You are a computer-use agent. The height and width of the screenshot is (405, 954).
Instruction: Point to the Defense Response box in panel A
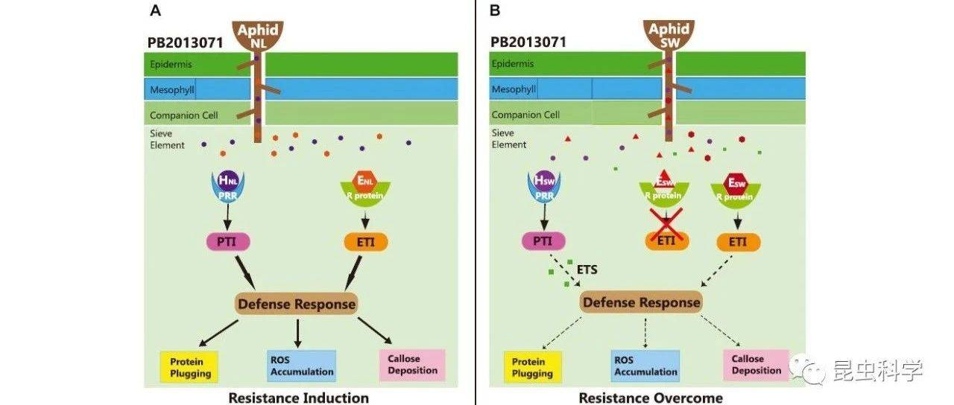point(296,304)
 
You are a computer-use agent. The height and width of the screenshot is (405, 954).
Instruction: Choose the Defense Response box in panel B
point(641,302)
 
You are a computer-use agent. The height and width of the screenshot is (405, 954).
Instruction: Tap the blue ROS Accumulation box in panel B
point(645,366)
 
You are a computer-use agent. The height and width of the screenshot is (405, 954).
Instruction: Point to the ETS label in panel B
point(588,270)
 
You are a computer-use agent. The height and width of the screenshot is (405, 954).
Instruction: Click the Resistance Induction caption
point(298,398)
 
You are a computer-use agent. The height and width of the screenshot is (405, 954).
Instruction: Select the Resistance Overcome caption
point(650,398)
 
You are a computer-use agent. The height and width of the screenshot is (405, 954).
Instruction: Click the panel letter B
point(495,10)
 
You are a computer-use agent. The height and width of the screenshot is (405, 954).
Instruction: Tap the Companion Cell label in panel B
point(525,115)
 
